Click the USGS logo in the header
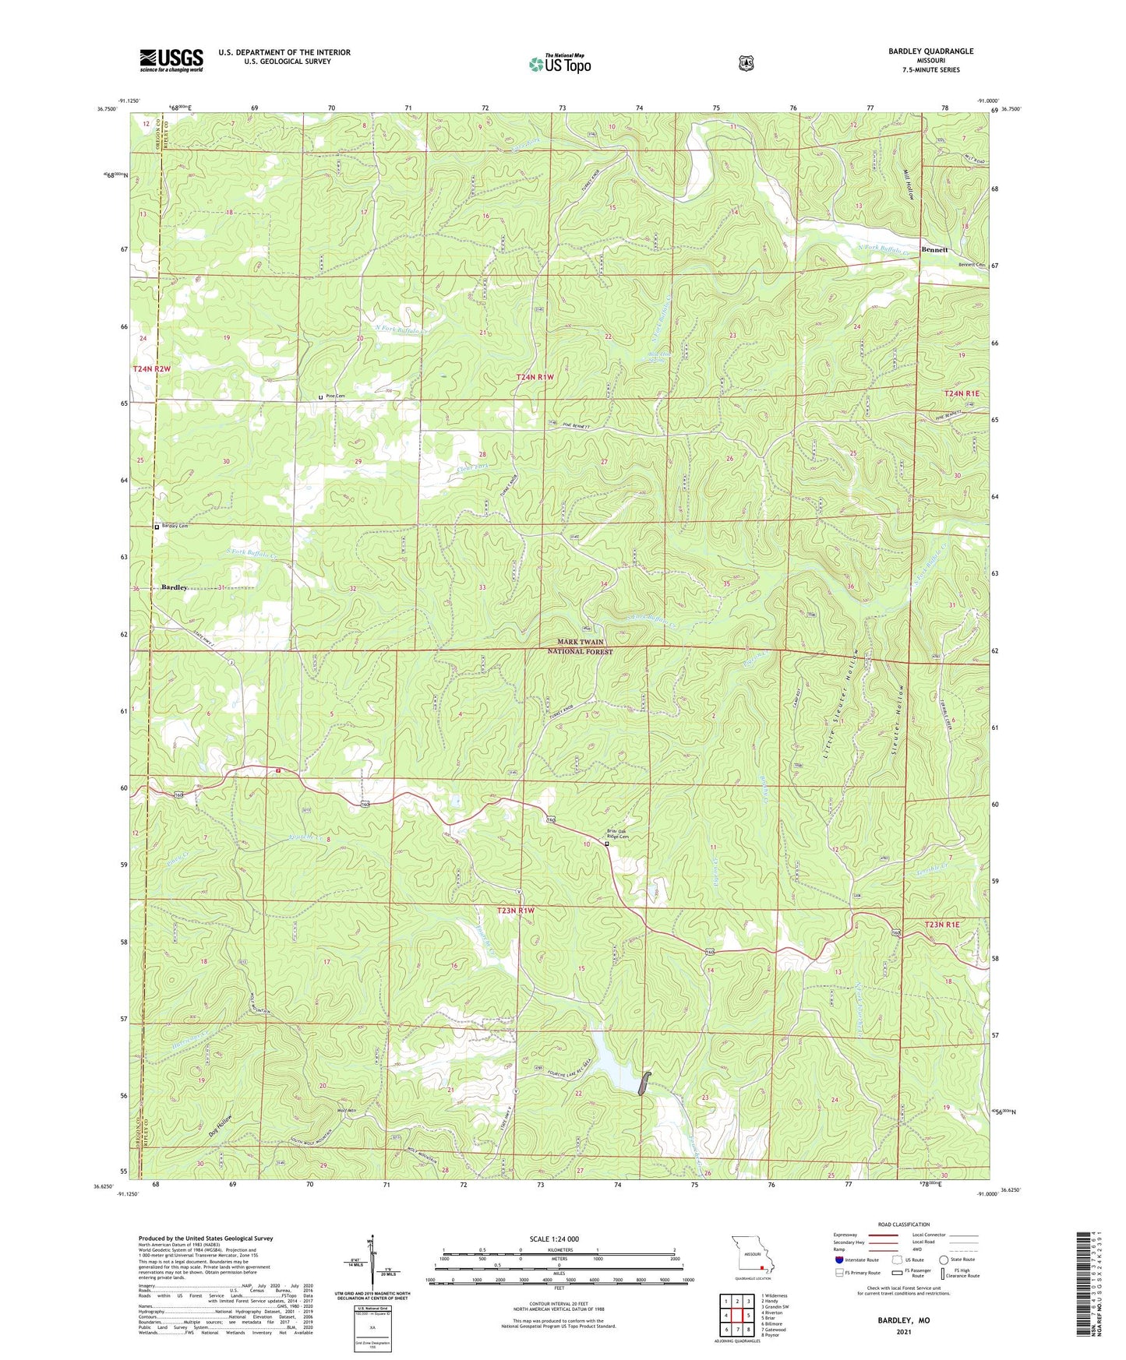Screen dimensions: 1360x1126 (171, 60)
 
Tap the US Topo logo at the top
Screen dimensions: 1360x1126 (559, 64)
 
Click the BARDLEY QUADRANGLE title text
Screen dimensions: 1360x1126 (930, 51)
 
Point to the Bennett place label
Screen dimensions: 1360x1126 (934, 250)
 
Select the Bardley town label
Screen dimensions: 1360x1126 (175, 587)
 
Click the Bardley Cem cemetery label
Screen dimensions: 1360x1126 (175, 527)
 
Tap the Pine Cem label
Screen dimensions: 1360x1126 (335, 396)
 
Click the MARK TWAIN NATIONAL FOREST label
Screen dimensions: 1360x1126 (580, 647)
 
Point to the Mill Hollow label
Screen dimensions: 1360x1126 (909, 185)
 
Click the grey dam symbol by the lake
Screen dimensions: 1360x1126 (643, 1084)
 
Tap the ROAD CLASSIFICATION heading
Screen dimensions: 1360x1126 (903, 1224)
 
